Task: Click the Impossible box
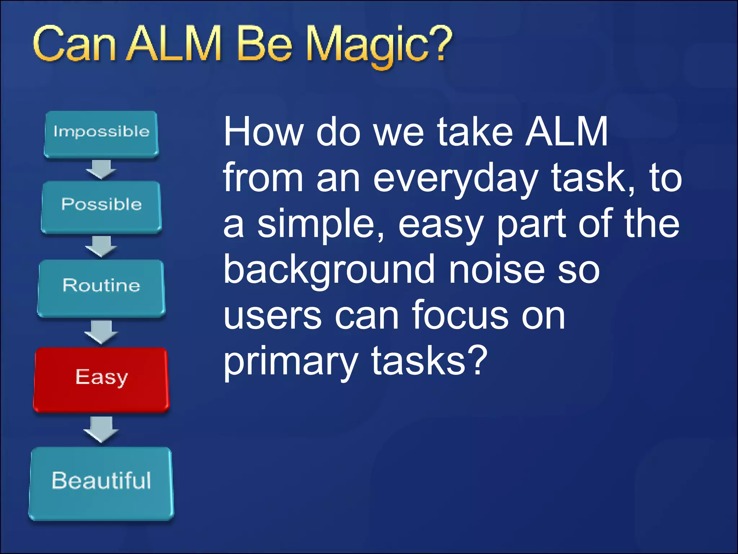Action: (101, 134)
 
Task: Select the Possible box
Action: (101, 207)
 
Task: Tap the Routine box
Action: (101, 287)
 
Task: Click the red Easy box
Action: (101, 379)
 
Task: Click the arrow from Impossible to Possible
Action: (101, 169)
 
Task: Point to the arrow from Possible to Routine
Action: (101, 246)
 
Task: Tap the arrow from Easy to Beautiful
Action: (101, 429)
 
